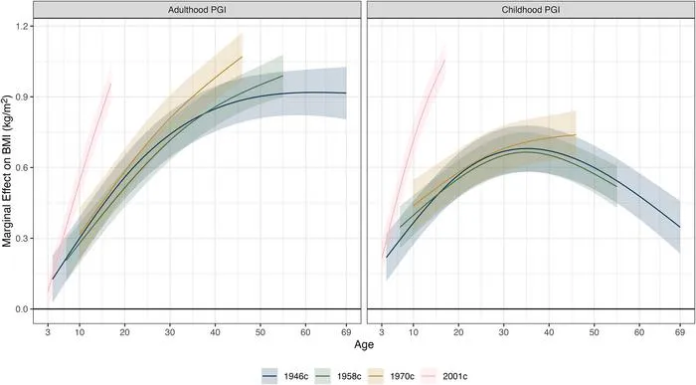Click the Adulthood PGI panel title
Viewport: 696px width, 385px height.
tap(197, 9)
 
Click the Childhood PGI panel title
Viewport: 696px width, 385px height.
tap(531, 9)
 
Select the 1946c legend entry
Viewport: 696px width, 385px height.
tap(284, 376)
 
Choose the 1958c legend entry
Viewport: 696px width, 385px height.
tap(338, 376)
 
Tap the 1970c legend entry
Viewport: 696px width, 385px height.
tap(391, 376)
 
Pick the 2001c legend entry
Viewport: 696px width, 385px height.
tap(443, 376)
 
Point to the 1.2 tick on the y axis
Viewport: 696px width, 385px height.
tap(21, 26)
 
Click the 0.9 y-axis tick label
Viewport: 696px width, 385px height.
tap(21, 96)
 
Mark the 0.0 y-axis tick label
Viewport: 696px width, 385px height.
tap(21, 309)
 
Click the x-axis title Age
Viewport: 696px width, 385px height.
tap(364, 344)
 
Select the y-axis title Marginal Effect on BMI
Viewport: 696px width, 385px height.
tap(7, 171)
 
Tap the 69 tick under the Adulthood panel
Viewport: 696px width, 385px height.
tap(346, 332)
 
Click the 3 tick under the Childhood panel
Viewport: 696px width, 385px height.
tap(382, 332)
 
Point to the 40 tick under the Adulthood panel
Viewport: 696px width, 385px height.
tap(215, 332)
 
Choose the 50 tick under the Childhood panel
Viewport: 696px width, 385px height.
tap(594, 332)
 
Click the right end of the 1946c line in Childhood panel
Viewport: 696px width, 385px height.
tap(680, 227)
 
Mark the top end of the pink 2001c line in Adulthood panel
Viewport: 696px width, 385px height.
tap(111, 83)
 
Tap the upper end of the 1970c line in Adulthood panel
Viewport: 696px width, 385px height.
tap(243, 57)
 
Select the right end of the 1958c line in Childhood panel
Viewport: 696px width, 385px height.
tap(616, 186)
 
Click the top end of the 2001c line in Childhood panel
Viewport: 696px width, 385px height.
tap(444, 60)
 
